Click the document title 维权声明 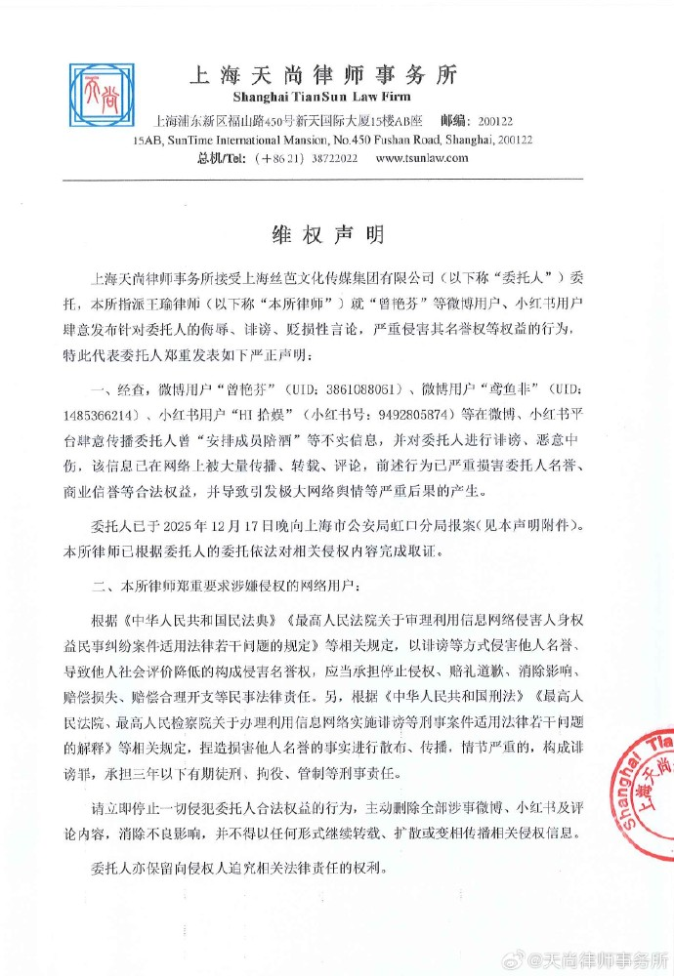[x=327, y=236]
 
